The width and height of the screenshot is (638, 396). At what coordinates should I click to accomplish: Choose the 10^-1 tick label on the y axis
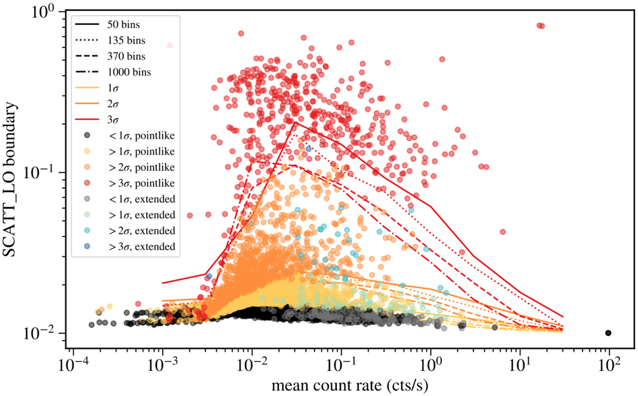51,173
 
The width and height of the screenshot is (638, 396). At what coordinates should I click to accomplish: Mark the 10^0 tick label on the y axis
53,12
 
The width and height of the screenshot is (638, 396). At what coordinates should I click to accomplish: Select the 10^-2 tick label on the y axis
51,334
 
